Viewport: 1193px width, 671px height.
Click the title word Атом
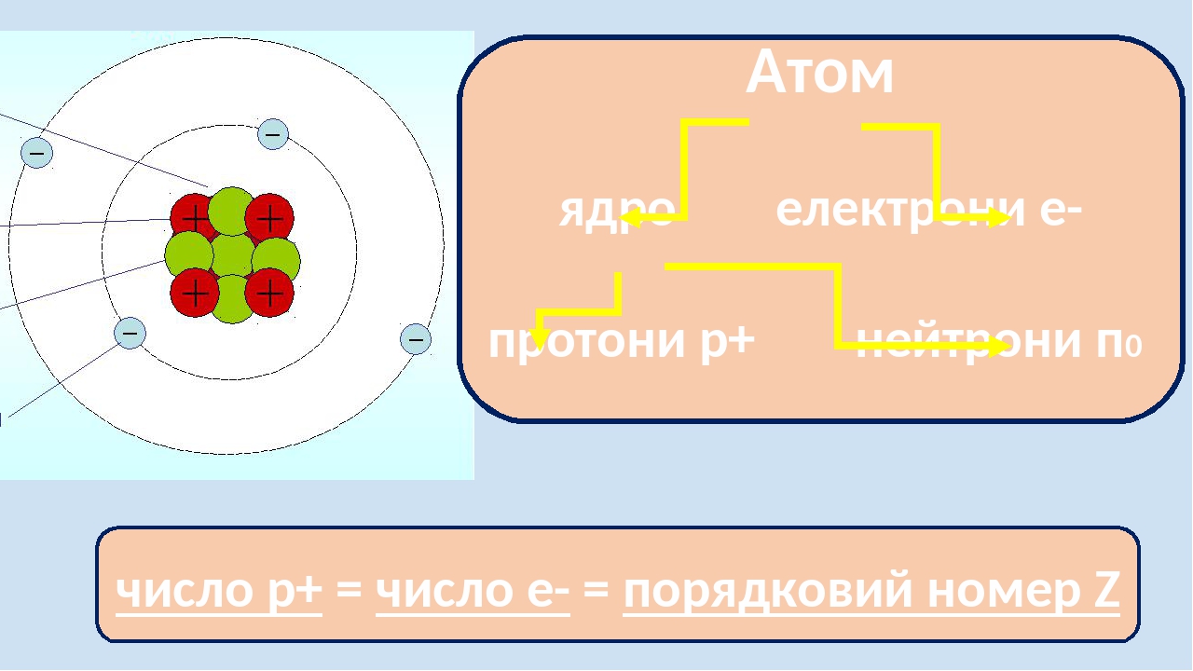pos(820,73)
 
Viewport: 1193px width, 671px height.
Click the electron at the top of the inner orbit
pos(273,134)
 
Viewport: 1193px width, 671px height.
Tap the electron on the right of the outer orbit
pos(416,339)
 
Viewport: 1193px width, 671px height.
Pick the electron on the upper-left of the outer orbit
pos(37,152)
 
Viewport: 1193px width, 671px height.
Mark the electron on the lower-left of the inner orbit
pos(130,333)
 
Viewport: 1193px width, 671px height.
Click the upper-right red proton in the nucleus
pos(269,219)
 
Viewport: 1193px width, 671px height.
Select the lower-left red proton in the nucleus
pos(195,293)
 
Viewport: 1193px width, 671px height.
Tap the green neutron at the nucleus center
pos(232,255)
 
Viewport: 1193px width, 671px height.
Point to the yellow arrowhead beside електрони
pos(1001,218)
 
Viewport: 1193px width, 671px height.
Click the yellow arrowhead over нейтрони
pos(1001,347)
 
